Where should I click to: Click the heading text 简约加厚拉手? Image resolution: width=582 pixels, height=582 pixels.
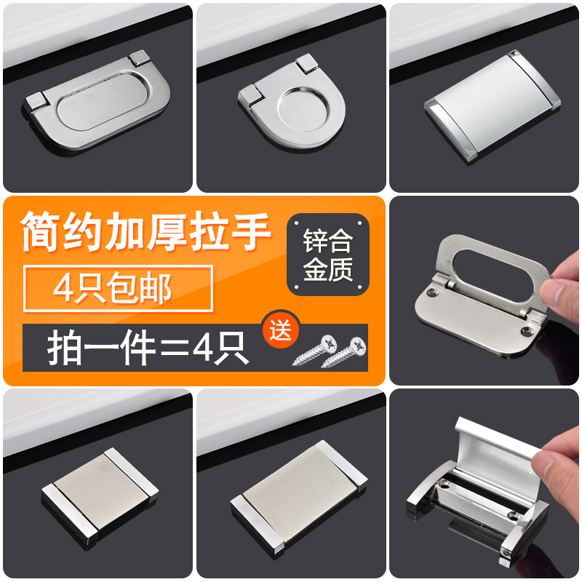146,231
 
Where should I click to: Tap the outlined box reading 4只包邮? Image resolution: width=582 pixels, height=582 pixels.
116,289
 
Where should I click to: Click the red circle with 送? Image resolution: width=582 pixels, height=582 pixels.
282,330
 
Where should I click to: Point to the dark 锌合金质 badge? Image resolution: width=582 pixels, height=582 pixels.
327,255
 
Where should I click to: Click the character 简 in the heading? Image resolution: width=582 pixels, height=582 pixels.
44,231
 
